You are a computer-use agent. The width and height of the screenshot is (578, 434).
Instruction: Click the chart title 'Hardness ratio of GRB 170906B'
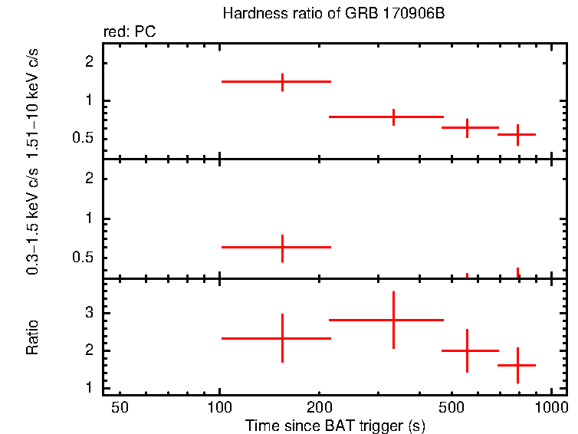coord(333,14)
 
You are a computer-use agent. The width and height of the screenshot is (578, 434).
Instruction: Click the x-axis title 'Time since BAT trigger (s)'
coord(335,425)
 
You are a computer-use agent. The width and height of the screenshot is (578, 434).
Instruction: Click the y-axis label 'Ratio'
coord(33,337)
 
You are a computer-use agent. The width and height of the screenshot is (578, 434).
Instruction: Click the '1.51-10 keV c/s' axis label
coord(33,100)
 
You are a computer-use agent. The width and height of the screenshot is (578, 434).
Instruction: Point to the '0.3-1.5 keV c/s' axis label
coord(33,219)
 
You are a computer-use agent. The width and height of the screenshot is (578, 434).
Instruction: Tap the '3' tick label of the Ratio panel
coord(89,313)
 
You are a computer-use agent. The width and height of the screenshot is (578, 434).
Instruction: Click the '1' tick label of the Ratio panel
coord(89,388)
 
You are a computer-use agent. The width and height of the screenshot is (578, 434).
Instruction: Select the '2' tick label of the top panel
coord(89,61)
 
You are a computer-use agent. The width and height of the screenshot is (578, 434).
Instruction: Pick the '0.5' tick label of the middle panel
coord(84,257)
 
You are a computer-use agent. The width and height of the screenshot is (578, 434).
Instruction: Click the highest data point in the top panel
coord(282,81)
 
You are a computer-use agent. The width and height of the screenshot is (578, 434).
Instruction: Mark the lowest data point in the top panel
coord(517,134)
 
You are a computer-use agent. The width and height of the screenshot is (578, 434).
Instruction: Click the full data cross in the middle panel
coord(282,247)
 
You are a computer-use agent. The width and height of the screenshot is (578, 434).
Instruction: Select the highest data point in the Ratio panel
coord(393,320)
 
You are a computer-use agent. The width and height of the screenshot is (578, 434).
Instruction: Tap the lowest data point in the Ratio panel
coord(517,365)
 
